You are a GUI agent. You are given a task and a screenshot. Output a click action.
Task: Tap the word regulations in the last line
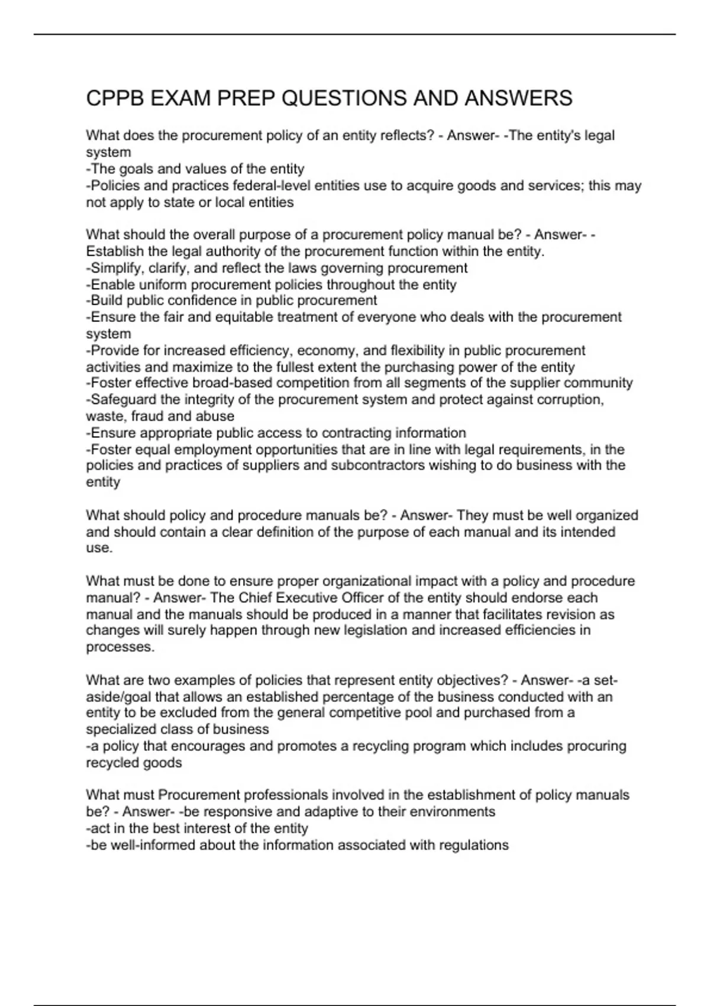pos(473,845)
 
